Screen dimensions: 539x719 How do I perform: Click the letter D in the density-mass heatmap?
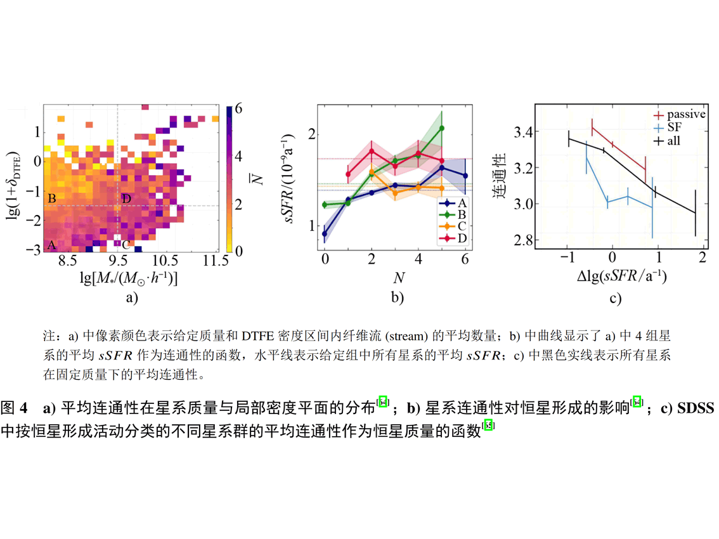[127, 200]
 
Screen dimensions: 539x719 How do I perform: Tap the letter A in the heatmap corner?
[51, 245]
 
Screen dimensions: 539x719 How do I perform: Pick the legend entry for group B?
[455, 214]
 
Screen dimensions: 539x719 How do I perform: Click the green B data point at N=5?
[442, 128]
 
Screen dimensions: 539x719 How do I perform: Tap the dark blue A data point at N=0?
[325, 233]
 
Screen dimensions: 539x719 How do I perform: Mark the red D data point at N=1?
[348, 174]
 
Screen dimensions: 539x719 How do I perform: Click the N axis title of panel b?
[396, 278]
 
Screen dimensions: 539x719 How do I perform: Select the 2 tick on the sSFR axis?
[312, 134]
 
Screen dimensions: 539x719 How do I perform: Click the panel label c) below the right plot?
[615, 298]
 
